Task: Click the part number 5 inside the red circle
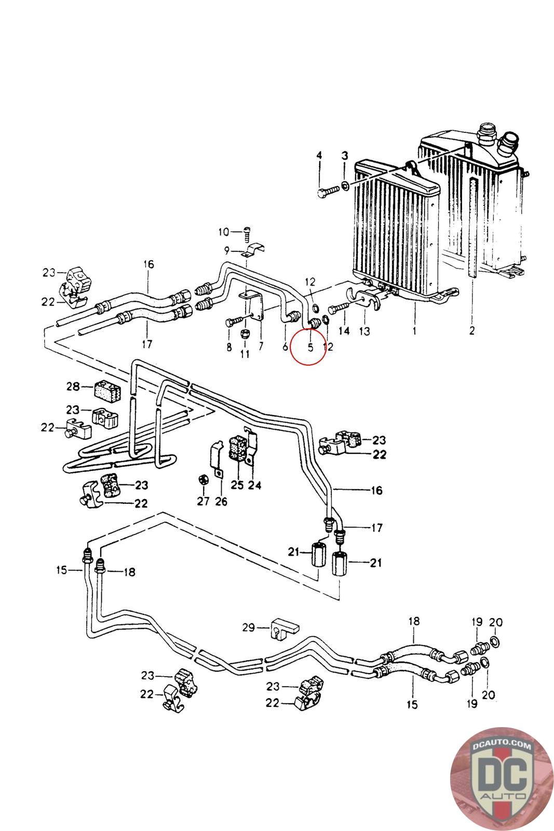(310, 347)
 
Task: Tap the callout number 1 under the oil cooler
(414, 330)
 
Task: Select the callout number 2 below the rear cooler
(471, 330)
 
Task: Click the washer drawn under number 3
(345, 185)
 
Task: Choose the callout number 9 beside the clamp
(227, 251)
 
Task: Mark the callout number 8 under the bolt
(229, 347)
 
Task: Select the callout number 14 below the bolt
(344, 331)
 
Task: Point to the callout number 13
(364, 331)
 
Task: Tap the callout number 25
(237, 485)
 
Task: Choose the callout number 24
(254, 485)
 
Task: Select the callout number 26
(221, 502)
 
